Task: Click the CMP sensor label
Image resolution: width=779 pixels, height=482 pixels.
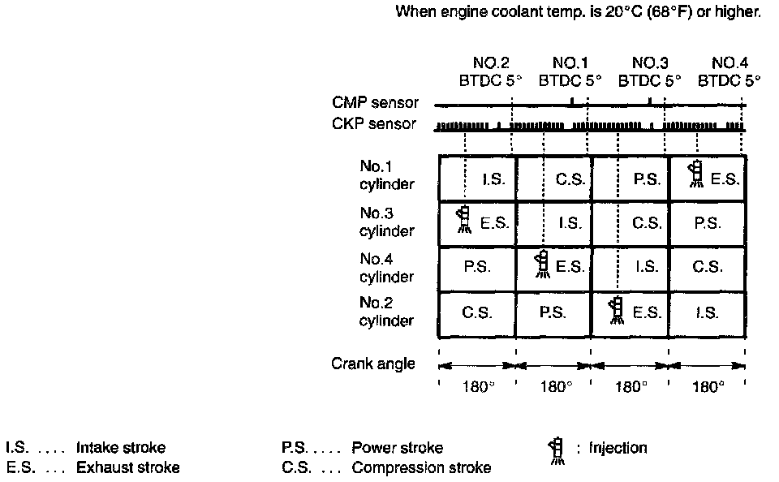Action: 375,103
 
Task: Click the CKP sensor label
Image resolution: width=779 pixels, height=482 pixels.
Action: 374,124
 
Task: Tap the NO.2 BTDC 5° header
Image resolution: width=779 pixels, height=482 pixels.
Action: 490,72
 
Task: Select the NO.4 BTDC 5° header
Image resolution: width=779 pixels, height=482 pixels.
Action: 730,72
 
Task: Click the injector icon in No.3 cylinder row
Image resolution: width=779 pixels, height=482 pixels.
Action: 463,219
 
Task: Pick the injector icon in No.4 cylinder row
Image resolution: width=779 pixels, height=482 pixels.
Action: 541,265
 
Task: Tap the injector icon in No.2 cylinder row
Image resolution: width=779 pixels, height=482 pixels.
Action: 617,309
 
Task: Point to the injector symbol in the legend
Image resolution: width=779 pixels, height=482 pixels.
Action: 556,450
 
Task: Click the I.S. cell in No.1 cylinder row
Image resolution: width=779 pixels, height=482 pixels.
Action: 493,179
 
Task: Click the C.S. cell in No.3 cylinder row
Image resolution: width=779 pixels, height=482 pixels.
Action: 646,223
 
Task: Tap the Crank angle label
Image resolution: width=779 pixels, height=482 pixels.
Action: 372,364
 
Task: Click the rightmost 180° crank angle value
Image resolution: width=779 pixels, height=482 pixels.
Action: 708,386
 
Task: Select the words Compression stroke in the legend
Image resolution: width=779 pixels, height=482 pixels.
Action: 421,467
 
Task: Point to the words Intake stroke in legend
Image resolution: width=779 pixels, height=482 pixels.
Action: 121,448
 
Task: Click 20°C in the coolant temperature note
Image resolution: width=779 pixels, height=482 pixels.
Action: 622,13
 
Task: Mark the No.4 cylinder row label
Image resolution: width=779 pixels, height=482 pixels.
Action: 386,268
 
